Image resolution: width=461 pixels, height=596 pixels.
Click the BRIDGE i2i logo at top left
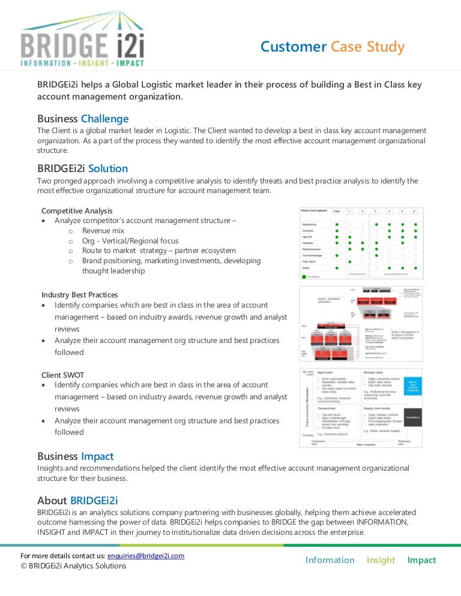(x=82, y=40)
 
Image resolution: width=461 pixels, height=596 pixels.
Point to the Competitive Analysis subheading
(x=77, y=210)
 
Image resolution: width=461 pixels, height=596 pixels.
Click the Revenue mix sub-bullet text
(x=103, y=230)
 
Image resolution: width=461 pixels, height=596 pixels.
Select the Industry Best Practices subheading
(x=80, y=294)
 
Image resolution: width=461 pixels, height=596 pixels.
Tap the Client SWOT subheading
(x=63, y=375)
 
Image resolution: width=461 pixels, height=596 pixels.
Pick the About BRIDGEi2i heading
(x=82, y=500)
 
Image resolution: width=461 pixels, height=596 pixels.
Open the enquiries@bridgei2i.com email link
(x=145, y=556)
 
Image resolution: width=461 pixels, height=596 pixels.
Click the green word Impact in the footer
(x=421, y=560)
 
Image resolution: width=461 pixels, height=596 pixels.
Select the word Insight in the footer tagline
(x=381, y=560)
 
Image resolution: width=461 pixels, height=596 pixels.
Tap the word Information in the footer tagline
(x=330, y=560)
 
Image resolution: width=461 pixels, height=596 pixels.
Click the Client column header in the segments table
(x=337, y=212)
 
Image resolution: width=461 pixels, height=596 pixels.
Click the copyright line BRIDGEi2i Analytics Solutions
(x=73, y=565)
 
